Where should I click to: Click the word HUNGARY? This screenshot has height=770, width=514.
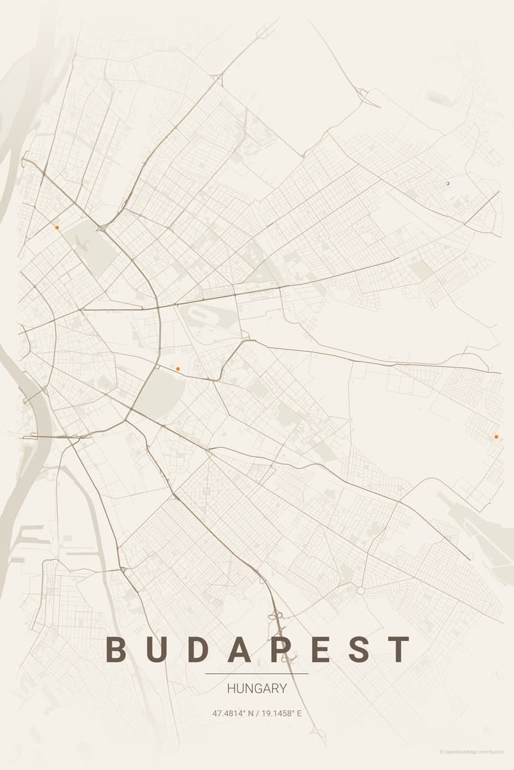257,689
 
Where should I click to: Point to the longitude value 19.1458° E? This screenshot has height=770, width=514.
282,713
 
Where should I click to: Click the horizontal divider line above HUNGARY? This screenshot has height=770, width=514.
257,674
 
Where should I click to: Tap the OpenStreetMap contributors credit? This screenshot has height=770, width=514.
472,751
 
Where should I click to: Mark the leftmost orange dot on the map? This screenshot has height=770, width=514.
57,227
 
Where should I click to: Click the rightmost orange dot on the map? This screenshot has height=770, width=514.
496,437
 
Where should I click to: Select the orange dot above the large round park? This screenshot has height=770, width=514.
177,368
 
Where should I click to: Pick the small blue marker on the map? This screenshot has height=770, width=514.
448,184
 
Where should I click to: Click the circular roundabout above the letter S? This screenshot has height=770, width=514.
361,590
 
